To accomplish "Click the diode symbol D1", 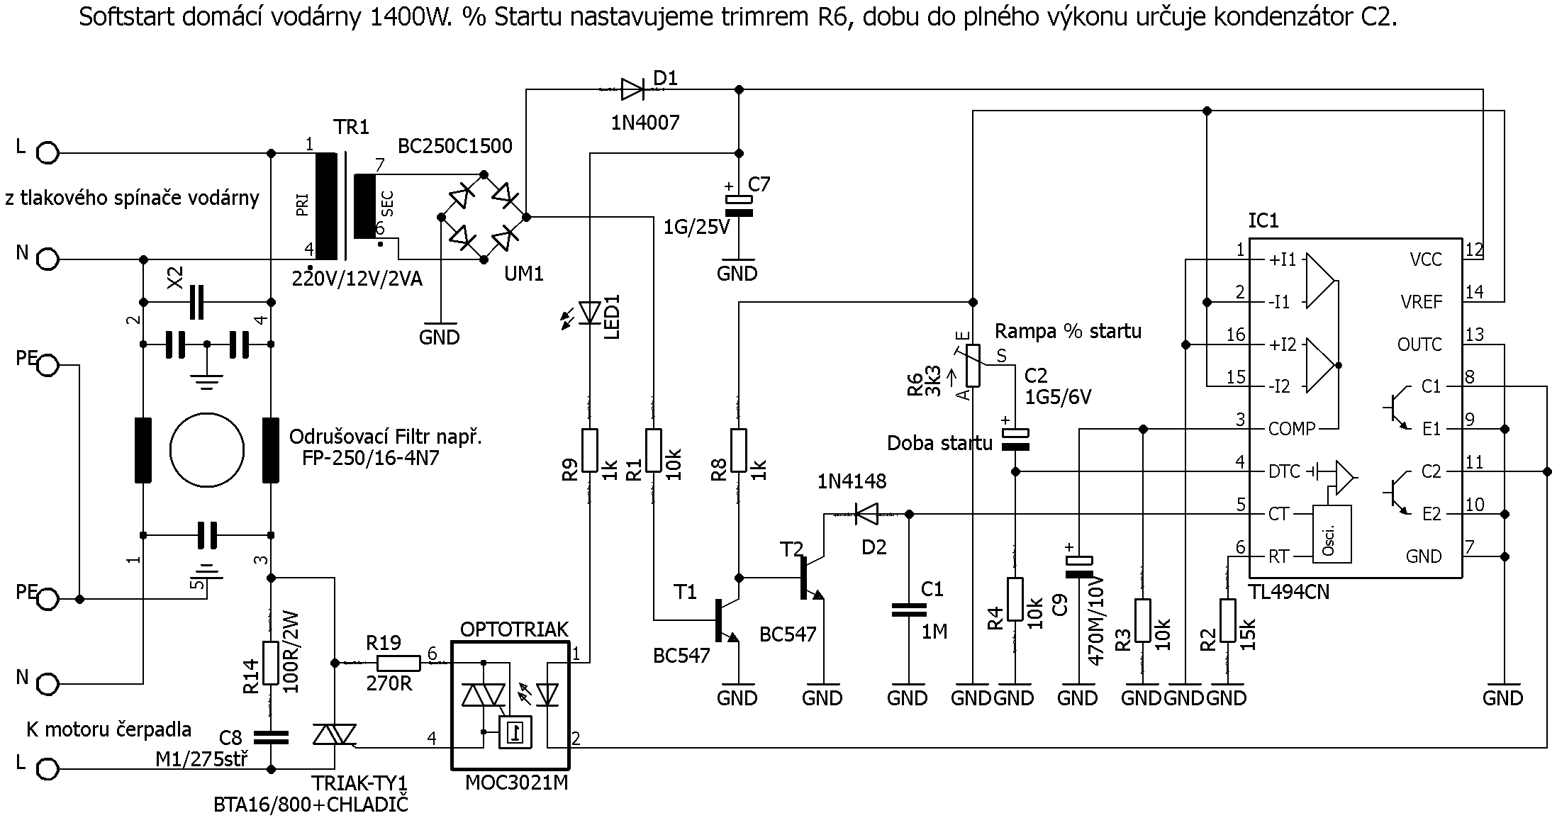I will tap(631, 89).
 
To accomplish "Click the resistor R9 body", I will tap(589, 450).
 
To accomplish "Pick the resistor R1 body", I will tap(653, 450).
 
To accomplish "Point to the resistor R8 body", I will tap(738, 450).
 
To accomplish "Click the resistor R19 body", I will tap(398, 663).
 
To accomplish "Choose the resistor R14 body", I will tap(270, 663).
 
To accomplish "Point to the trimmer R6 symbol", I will tap(973, 365).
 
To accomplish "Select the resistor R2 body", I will tap(1227, 620).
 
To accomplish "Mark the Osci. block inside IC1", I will tap(1332, 533).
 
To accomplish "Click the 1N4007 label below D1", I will tap(645, 123).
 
